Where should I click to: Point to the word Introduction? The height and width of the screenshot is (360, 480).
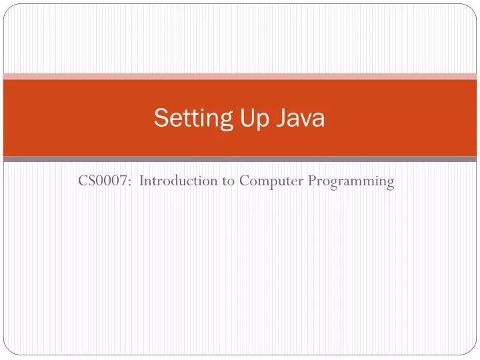pos(179,180)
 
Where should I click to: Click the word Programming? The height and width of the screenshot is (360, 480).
pos(351,181)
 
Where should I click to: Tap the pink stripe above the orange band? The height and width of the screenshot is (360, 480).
pos(240,77)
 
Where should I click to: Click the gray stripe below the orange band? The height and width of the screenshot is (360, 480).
pos(240,159)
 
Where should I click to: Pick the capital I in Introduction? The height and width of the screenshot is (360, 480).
pos(142,180)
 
